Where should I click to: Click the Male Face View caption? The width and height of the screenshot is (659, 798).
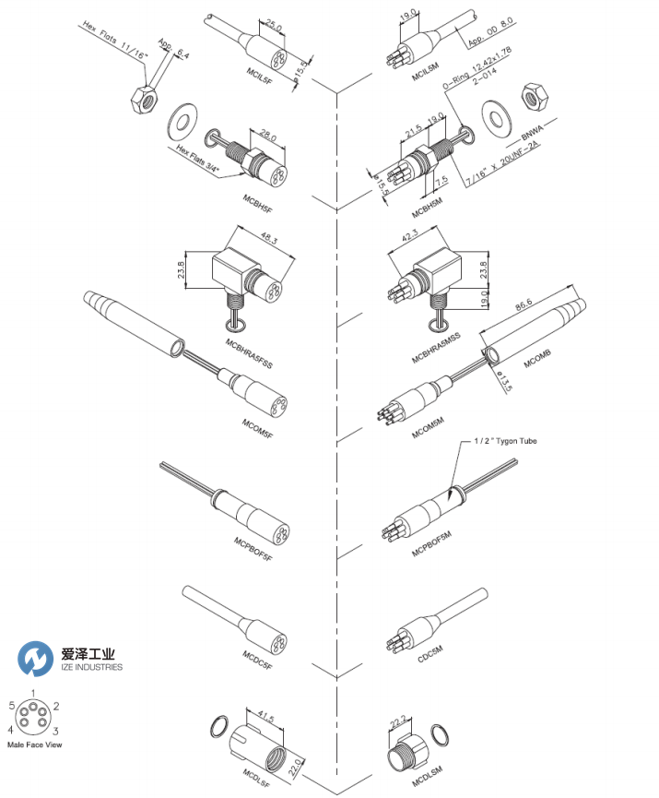tap(34, 744)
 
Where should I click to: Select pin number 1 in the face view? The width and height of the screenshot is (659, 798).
tap(34, 693)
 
